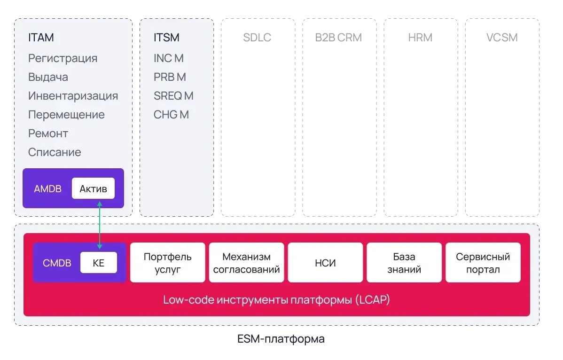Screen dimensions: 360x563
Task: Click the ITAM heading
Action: point(41,38)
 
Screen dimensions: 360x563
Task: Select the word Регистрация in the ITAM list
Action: point(63,58)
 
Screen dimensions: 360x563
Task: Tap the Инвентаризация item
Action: point(73,96)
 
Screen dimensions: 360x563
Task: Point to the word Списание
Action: point(55,152)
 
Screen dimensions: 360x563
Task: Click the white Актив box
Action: point(93,189)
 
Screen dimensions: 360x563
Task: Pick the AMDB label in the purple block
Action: point(47,189)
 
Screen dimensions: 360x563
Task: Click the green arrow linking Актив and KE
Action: point(99,224)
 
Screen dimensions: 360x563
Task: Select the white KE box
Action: point(98,263)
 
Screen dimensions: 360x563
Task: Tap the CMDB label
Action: point(57,263)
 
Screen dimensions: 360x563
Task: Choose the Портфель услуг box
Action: point(168,263)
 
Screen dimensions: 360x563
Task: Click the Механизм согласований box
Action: point(246,263)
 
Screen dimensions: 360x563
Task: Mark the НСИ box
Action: point(325,263)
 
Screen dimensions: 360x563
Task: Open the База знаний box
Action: point(404,263)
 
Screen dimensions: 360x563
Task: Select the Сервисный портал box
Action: point(483,263)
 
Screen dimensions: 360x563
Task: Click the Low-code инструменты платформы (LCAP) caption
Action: point(276,300)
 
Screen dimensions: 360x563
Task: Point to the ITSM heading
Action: point(166,38)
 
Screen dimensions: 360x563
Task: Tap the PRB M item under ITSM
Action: point(170,77)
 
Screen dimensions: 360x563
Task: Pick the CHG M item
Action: point(171,115)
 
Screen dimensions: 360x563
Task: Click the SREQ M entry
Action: point(173,96)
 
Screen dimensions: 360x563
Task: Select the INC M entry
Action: point(168,58)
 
